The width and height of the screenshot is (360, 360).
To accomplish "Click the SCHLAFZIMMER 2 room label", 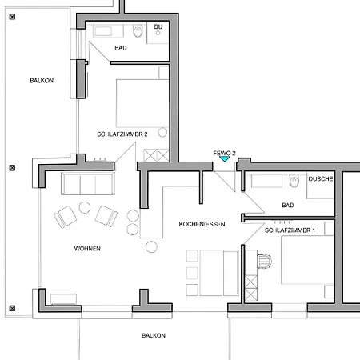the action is [122, 134].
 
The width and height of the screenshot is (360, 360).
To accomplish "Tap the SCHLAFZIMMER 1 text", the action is [290, 230].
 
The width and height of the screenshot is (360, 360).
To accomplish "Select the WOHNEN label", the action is [87, 249].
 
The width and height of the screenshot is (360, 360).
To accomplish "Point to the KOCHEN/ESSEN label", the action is [202, 224].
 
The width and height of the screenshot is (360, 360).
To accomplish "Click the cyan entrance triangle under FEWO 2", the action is [225, 159].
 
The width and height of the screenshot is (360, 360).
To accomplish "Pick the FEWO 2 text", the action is [224, 153].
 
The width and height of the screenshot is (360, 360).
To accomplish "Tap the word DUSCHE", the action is [321, 179].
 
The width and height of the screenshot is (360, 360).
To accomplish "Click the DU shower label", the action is [158, 26].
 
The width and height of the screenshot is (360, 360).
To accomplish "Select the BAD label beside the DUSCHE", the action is [288, 205].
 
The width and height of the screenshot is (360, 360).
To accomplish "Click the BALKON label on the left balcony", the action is [42, 81].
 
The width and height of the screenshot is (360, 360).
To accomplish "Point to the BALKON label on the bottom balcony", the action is [154, 335].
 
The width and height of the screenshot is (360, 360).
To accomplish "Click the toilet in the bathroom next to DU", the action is [138, 30].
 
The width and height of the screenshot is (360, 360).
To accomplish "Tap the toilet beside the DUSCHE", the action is [294, 181].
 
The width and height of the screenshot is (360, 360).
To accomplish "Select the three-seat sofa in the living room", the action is [88, 183].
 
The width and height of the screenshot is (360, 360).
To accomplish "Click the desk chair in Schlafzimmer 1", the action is [264, 261].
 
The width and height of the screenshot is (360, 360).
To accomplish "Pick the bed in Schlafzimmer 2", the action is [142, 103].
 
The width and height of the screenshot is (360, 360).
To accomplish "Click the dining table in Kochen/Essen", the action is [210, 273].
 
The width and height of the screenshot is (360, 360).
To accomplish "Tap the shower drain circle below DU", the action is [158, 33].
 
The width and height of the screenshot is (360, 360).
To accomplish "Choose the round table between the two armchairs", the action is [85, 207].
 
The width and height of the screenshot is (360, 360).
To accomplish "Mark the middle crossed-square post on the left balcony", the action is [12, 168].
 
